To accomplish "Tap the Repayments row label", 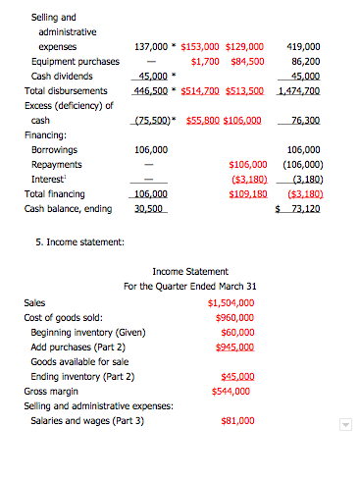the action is coord(56,165).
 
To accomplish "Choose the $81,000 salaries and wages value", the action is coord(236,421).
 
